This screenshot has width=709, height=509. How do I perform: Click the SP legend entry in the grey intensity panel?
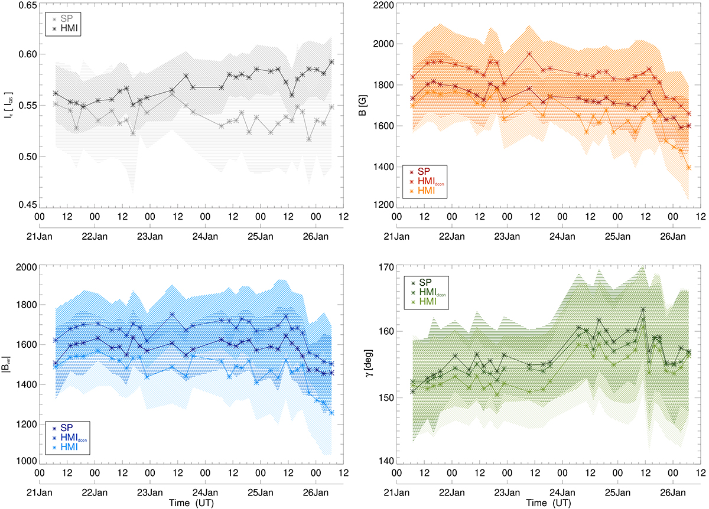63,18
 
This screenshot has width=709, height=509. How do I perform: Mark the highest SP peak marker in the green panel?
643,309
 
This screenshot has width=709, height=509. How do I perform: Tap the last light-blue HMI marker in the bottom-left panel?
331,413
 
